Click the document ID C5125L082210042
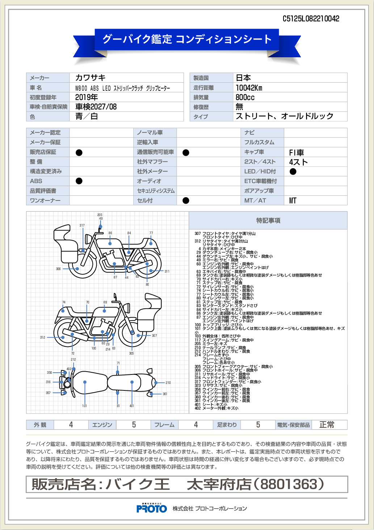pos(311,19)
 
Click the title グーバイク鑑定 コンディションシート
pos(187,39)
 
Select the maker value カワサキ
pos(91,78)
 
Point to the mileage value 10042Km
pos(249,88)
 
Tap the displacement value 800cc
pos(245,97)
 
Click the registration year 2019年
pos(87,97)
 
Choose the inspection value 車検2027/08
pos(96,107)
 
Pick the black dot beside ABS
pos(79,181)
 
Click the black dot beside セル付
pos(186,200)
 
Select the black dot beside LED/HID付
pos(293,171)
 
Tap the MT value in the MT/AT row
pos(293,200)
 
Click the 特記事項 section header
pos(268,220)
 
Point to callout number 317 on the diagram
pos(82,225)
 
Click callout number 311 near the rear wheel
pos(167,271)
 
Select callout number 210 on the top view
pos(168,382)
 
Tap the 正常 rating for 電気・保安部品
pos(327,425)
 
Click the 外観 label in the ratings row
pos(40,425)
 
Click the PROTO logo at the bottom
pos(152,509)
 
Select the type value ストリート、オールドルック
pos(285,116)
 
